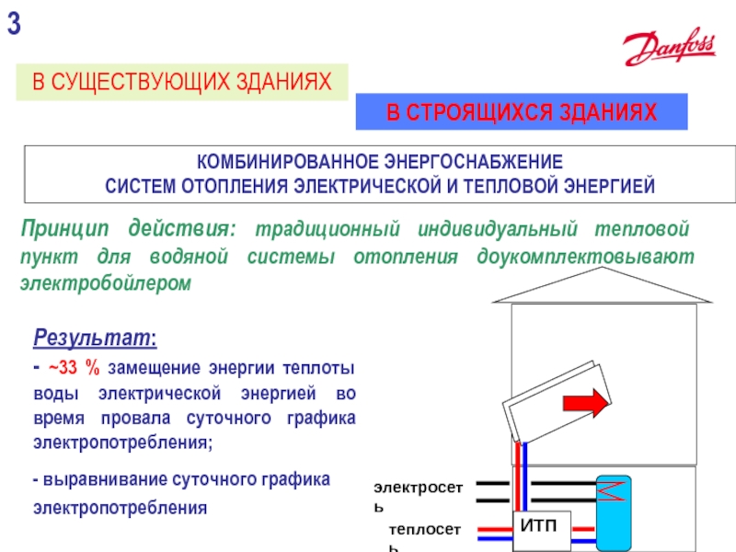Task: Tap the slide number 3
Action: point(14,26)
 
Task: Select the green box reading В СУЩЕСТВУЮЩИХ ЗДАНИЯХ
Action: point(182,83)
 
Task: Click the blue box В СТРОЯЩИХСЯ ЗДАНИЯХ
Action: point(522,113)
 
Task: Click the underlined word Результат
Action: point(93,338)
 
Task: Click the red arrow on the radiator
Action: point(585,402)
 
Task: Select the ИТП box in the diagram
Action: point(540,525)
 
